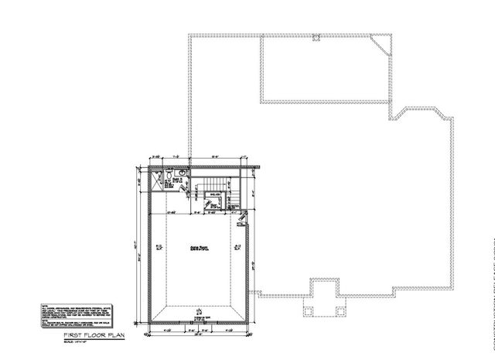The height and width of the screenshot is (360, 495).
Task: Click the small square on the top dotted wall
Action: coord(316,37)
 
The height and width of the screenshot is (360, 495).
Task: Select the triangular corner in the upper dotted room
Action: coord(381,48)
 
